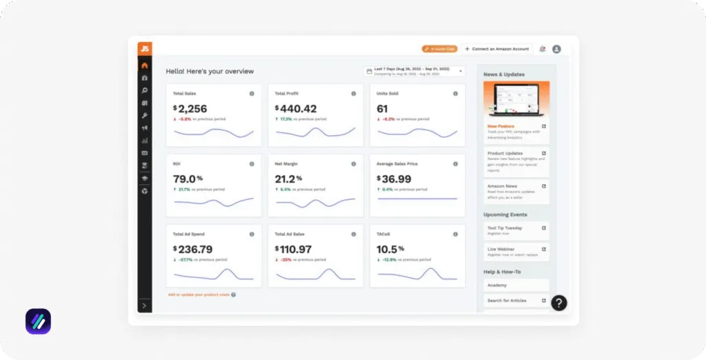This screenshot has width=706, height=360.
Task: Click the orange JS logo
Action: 144,49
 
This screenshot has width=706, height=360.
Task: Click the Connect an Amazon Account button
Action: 496,49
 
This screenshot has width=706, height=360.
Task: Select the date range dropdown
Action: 414,71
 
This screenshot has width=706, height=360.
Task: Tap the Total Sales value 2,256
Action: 192,108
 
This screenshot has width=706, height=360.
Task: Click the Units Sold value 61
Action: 382,108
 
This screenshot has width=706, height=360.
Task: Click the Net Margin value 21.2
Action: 289,179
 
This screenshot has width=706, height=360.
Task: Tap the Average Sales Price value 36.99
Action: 396,179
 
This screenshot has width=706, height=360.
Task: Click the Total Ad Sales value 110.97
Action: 296,249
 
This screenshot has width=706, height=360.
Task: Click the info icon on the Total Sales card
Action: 251,93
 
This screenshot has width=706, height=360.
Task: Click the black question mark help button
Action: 559,303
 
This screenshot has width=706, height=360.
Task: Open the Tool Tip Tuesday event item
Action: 516,230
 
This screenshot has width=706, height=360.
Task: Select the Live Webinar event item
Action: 516,251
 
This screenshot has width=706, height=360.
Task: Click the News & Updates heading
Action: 504,74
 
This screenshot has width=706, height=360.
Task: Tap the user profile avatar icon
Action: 556,49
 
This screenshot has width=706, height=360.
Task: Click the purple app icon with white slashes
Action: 38,321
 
